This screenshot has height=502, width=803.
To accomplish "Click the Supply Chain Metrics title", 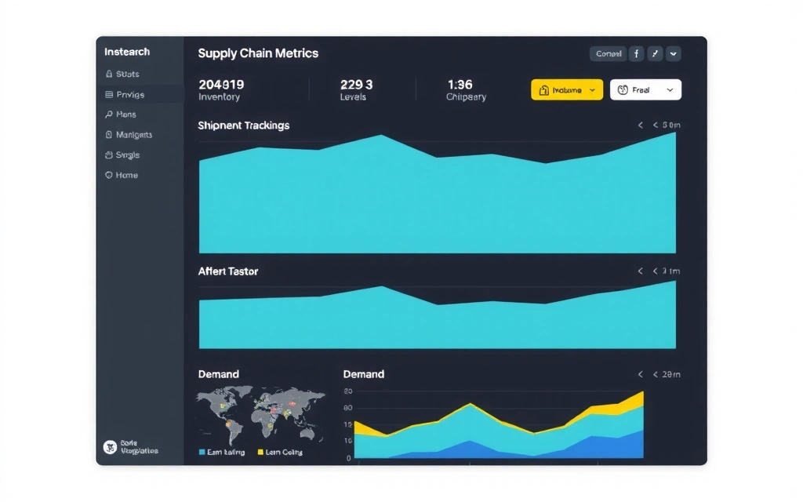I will click(x=258, y=53).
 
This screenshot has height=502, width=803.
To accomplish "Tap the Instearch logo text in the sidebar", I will click(x=127, y=52).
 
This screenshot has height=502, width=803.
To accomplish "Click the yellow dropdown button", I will click(x=566, y=90).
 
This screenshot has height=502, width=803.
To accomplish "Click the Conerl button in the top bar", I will click(x=609, y=54).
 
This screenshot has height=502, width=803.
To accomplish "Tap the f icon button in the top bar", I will click(x=636, y=54).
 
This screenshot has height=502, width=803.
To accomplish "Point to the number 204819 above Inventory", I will click(x=221, y=84).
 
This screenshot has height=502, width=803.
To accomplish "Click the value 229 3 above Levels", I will click(x=357, y=84).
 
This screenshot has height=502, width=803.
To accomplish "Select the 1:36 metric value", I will click(x=460, y=84).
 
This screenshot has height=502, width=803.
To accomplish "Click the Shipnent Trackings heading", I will click(x=243, y=125).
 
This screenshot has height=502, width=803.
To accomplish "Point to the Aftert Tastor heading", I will click(x=227, y=271).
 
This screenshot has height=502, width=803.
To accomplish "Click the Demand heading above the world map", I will click(x=218, y=374).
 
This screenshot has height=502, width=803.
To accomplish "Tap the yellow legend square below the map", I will click(x=261, y=453).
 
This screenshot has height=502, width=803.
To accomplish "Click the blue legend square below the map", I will click(x=202, y=453).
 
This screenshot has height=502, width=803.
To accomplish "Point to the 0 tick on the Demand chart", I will click(x=349, y=458).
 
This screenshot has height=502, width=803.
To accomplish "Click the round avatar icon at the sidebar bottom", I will click(x=111, y=447).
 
